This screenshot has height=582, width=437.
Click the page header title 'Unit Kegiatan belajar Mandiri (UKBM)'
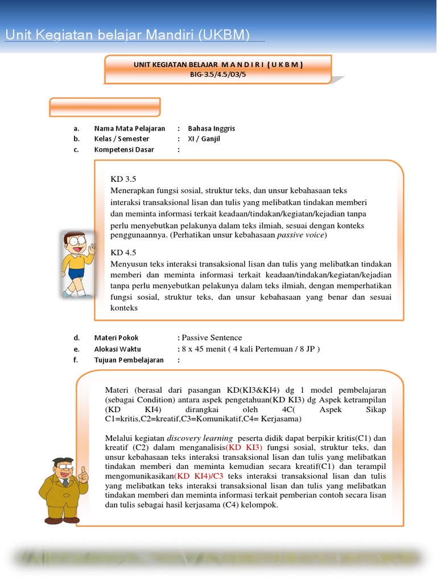(127, 35)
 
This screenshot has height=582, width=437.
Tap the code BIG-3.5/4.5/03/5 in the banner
(218, 74)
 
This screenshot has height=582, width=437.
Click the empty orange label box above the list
(105, 107)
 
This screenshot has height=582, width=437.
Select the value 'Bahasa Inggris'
(211, 128)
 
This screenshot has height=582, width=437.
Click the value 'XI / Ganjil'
(204, 139)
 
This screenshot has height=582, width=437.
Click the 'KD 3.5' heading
(123, 179)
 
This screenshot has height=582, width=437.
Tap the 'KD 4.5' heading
(123, 252)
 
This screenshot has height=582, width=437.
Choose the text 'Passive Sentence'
(212, 338)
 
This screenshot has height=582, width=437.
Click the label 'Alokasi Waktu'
(117, 349)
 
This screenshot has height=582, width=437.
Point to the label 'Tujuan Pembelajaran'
(129, 360)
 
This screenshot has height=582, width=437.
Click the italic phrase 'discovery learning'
(200, 438)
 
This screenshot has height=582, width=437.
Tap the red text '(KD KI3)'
(244, 447)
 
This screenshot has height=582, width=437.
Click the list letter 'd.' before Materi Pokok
(76, 338)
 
